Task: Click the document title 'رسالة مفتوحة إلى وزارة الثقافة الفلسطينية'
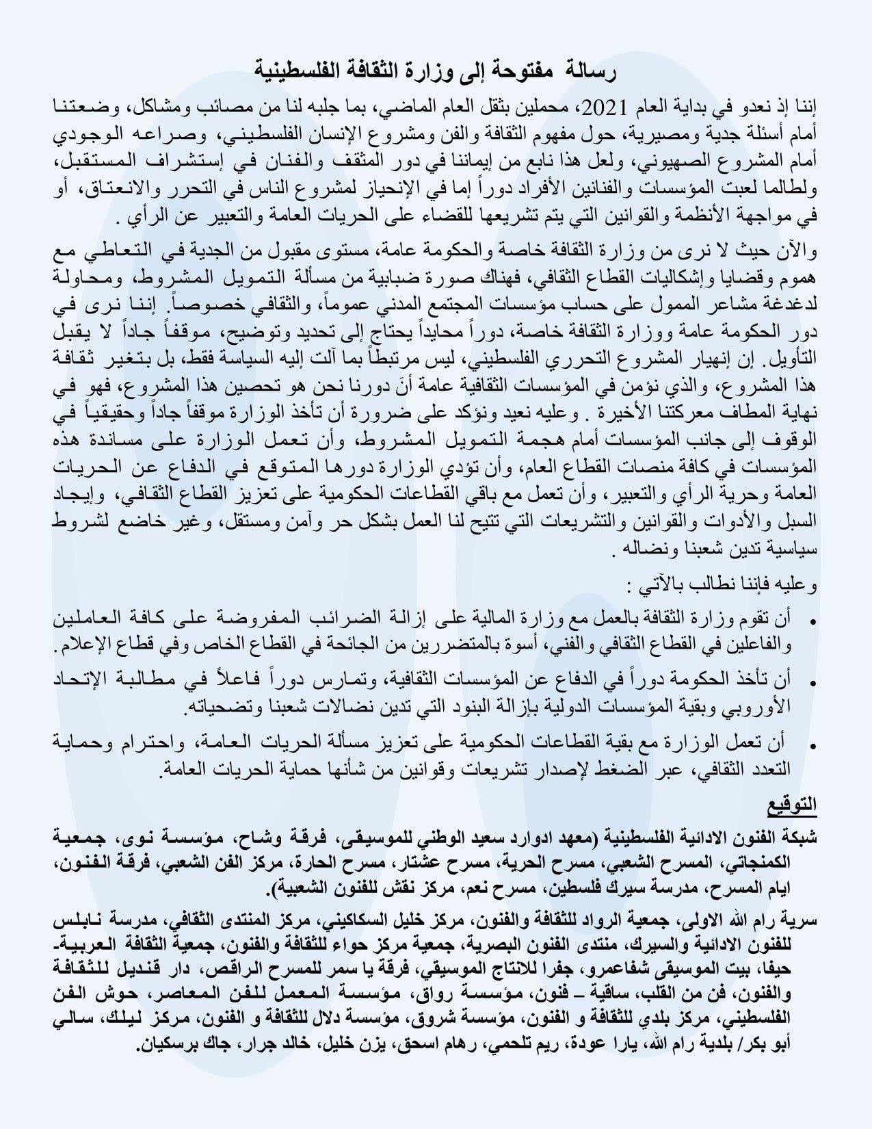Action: click(x=436, y=68)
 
